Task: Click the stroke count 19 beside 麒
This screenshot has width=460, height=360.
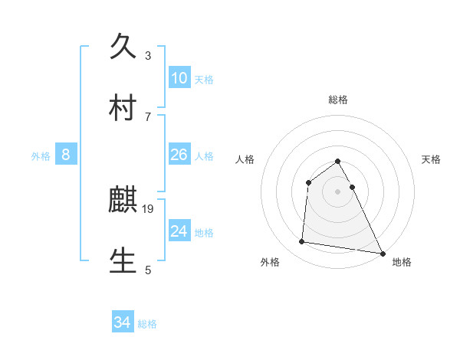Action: point(149,208)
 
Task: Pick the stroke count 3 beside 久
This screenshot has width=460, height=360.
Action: point(148,55)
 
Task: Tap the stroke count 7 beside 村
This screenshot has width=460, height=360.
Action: point(148,116)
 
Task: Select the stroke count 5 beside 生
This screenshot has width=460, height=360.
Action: point(148,270)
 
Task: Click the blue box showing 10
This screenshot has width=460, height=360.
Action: point(179,78)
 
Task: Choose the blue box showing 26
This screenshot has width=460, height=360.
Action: point(179,155)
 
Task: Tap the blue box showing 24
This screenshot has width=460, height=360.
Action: point(179,231)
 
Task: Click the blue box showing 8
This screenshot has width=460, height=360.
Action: point(66,155)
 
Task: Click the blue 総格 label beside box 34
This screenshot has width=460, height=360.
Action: point(147,324)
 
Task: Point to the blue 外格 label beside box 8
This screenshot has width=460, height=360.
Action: point(41,156)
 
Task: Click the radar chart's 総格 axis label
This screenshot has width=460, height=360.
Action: point(337,100)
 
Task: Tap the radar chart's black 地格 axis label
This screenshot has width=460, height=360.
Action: point(402,263)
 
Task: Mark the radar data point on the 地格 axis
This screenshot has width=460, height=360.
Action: point(382,253)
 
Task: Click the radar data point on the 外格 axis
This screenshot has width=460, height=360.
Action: point(302,242)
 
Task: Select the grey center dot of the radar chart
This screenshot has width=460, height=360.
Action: point(337,191)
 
